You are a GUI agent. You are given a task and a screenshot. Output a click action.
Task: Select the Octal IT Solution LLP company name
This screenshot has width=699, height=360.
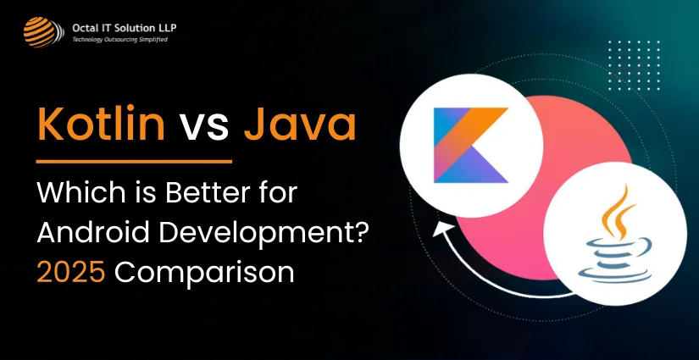click(x=125, y=29)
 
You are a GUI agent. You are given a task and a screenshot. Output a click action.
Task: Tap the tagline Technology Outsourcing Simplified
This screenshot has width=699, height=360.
click(x=120, y=40)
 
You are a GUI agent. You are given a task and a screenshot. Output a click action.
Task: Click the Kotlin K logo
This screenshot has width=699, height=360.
click(x=471, y=145)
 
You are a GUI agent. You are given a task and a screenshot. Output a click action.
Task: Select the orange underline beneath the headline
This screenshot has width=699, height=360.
click(x=134, y=162)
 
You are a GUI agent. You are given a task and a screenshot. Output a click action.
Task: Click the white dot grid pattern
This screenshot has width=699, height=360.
click(x=634, y=65)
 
